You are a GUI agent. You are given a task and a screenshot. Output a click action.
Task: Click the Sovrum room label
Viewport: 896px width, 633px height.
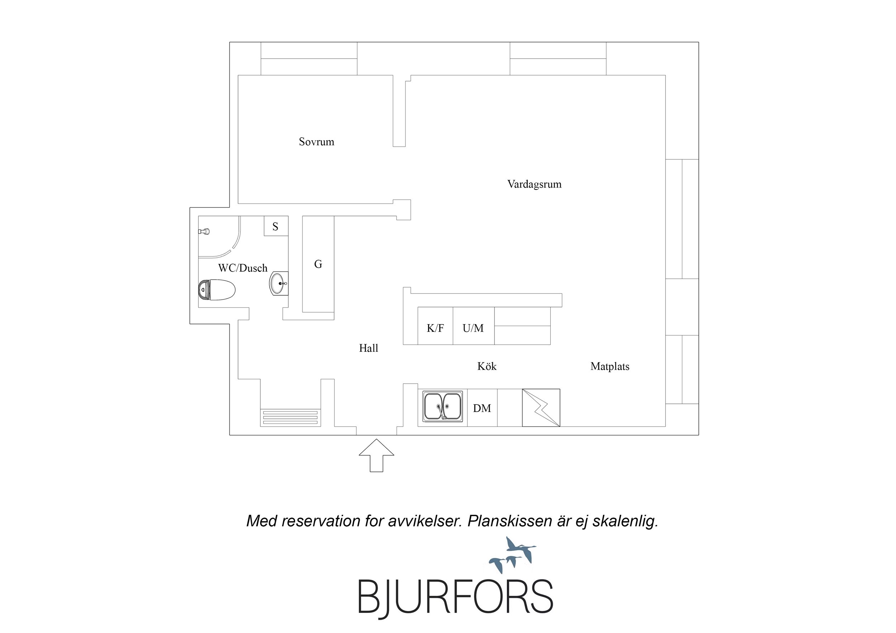(x=317, y=142)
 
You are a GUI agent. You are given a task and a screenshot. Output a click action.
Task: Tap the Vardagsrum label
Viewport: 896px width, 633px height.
(x=534, y=184)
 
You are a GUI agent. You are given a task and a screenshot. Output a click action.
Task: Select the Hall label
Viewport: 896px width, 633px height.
(x=368, y=348)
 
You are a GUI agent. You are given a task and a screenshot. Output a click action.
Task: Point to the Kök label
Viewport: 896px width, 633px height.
(x=487, y=366)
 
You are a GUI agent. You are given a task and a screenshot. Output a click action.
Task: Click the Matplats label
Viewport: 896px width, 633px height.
(x=610, y=366)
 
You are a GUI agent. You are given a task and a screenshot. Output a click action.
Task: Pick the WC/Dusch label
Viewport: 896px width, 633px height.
(x=243, y=268)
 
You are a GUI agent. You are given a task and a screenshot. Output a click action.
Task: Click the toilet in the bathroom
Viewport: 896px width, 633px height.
(x=217, y=290)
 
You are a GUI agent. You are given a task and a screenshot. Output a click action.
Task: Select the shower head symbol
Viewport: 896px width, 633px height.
(x=204, y=231)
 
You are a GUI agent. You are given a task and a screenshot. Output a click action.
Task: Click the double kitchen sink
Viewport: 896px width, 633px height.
(x=442, y=406)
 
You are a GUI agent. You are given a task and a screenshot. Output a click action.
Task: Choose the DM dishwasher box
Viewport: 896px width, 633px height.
(x=482, y=408)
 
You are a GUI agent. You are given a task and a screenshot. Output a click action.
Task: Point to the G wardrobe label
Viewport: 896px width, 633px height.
(x=318, y=264)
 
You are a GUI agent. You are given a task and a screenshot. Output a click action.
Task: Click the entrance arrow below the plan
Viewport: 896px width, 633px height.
(x=376, y=455)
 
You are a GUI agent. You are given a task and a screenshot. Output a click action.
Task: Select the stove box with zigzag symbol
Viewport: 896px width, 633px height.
(x=541, y=408)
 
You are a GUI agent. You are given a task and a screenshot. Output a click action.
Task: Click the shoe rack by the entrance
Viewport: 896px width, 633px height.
(x=290, y=417)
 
